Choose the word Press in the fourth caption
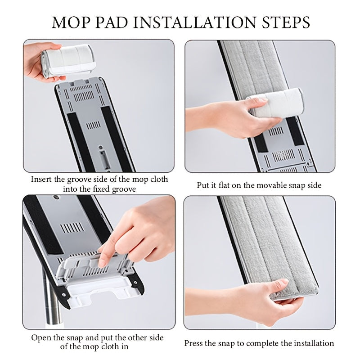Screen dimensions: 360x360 click(194, 343)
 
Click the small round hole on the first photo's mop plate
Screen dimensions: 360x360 click(100, 147)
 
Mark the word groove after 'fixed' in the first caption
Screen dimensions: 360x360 click(124, 189)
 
